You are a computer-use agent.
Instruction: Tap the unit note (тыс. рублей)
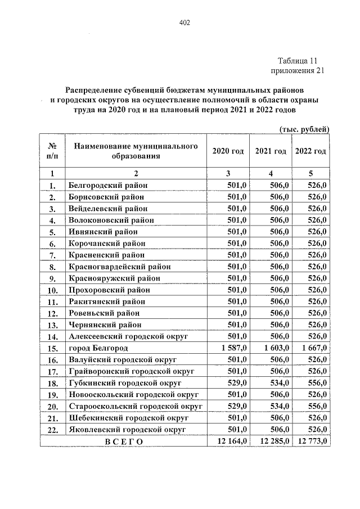coord(304,129)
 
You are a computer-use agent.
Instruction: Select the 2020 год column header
coord(228,151)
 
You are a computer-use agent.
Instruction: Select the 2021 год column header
coord(270,151)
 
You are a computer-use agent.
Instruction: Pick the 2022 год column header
coord(310,151)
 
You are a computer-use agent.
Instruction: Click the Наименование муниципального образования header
coord(136,151)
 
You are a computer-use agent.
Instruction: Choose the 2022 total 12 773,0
coord(311,441)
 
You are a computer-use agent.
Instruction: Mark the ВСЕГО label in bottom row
coord(124,442)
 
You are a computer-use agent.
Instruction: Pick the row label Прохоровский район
coord(109,290)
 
